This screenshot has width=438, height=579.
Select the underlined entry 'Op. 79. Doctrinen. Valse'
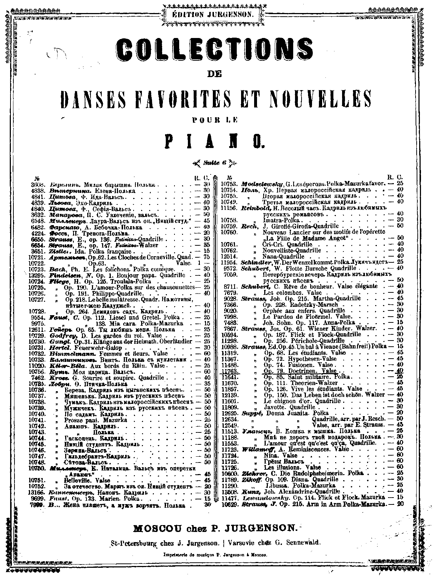[300, 371]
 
